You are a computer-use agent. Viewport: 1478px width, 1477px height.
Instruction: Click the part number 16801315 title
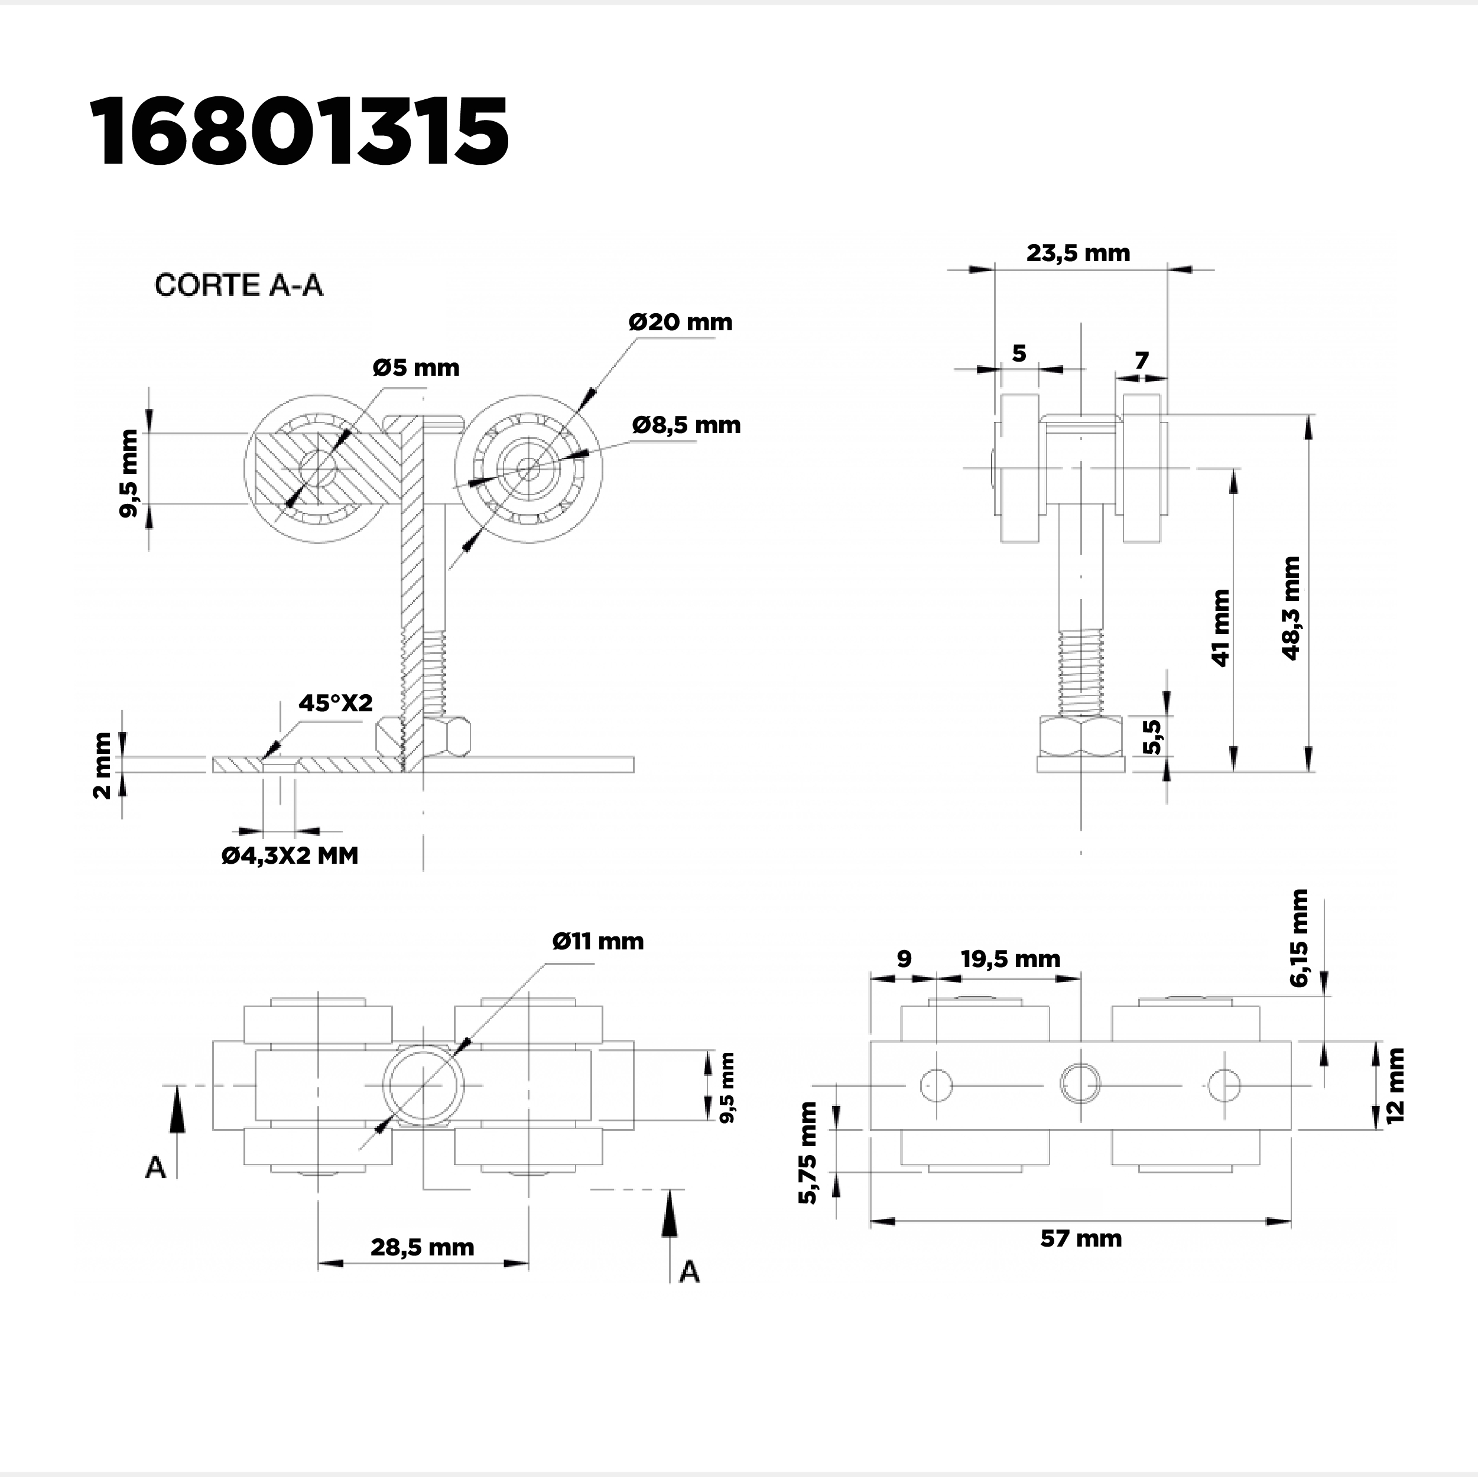299,132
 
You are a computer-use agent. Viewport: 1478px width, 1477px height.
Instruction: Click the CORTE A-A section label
239,285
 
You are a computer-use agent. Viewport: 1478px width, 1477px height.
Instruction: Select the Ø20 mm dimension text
680,322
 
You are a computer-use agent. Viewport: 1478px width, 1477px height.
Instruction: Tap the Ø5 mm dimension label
416,368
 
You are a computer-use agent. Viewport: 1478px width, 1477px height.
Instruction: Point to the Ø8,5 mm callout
686,425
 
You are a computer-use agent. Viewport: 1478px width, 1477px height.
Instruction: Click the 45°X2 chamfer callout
335,703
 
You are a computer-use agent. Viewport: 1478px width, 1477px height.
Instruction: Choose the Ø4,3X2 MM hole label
290,855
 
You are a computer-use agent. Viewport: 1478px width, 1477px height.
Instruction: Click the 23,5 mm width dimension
1078,253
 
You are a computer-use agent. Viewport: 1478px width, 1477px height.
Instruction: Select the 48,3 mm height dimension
1291,608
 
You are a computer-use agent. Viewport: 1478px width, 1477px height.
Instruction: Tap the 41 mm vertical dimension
1221,627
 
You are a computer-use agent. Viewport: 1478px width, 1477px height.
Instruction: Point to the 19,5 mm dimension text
1011,959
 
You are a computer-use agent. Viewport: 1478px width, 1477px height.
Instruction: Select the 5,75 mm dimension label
808,1153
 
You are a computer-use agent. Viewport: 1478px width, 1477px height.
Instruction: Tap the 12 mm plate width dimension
1395,1085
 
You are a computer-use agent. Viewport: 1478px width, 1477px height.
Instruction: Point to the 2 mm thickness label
102,765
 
